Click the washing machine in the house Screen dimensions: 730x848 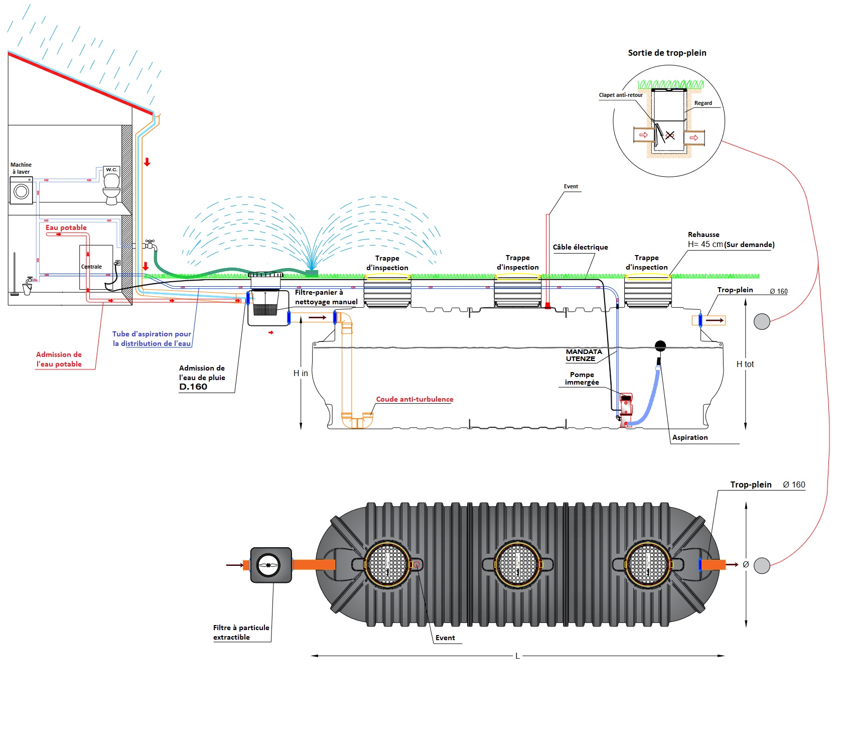coord(21,191)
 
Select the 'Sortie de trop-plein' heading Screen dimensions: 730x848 coord(667,53)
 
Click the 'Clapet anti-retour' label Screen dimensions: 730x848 coord(621,95)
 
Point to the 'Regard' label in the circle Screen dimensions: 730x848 coord(703,103)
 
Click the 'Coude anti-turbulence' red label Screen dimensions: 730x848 coord(414,399)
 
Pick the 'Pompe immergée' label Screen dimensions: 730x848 coord(582,379)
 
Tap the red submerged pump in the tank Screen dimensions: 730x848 coord(626,408)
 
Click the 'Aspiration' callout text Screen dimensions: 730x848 coord(690,437)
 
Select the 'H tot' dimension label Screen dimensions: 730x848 coord(745,364)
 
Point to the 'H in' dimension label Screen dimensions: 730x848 coord(301,373)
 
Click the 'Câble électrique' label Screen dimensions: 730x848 coord(580,247)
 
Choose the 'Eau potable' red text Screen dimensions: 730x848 coord(66,227)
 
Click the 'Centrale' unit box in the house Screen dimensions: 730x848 coord(95,267)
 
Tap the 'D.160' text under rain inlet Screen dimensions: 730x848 coord(193,387)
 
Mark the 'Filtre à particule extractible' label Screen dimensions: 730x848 coord(241,632)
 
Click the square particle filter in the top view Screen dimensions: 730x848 coord(271,565)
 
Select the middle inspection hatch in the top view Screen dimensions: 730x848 coord(517,564)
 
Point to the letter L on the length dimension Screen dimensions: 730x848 coord(517,656)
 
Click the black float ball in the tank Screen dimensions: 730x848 coord(660,345)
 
